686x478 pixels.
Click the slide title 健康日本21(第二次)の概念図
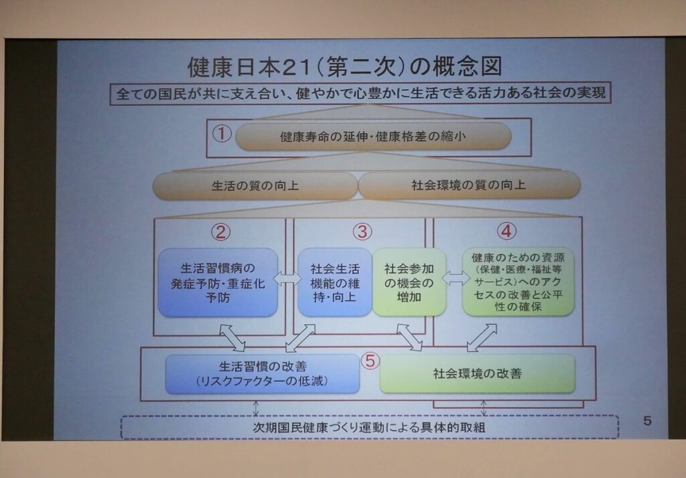345,67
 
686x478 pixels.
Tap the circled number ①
222,133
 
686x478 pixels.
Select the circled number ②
220,232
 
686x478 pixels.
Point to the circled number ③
362,231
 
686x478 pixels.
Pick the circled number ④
506,231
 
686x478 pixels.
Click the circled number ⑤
370,361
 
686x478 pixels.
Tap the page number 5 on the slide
648,420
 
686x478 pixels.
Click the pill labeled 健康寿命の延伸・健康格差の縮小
373,136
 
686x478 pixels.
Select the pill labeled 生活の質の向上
255,186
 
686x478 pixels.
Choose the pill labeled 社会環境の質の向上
470,185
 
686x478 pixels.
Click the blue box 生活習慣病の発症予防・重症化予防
218,282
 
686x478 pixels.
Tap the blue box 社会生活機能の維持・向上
335,282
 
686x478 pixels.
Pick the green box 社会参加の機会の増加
409,282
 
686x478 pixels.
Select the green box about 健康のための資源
518,282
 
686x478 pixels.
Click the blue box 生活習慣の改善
262,374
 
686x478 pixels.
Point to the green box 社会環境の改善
477,373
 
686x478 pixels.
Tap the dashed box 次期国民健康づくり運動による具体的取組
370,427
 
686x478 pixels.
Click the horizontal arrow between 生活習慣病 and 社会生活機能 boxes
287,278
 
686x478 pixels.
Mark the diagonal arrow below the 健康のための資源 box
482,338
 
